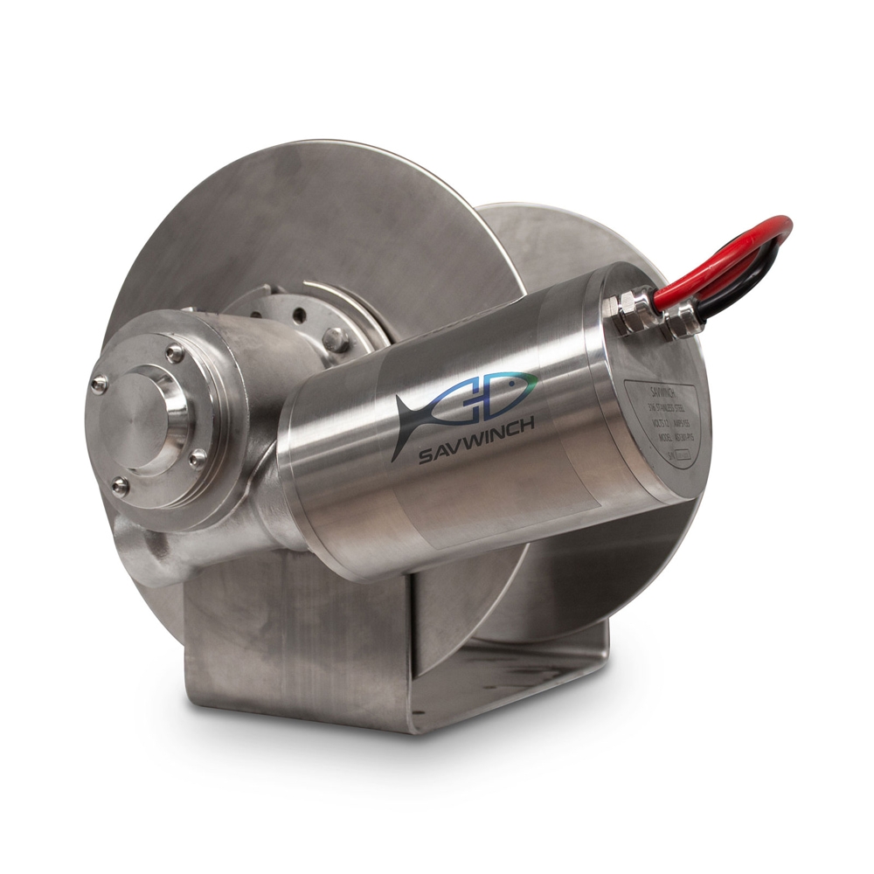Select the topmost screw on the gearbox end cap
coord(175,352)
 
